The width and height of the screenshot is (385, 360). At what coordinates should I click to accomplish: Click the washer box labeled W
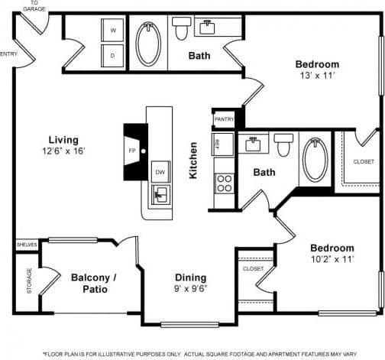coord(113,31)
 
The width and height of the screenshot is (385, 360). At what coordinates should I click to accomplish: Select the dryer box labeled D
coord(113,56)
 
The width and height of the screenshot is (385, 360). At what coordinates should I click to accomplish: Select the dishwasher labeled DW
coord(160,173)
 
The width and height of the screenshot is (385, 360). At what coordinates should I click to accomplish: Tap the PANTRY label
coord(224,119)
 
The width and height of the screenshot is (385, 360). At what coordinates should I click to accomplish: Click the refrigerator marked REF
coord(217,144)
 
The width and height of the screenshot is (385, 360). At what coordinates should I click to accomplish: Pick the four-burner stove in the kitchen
coord(225,183)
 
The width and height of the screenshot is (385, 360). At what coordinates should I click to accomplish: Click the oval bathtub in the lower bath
coord(315,159)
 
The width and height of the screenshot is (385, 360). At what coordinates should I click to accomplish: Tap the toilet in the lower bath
coord(284,144)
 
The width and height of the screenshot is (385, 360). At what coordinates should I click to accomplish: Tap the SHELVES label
coord(27,245)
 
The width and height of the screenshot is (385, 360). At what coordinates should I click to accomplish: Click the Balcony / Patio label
coord(93,284)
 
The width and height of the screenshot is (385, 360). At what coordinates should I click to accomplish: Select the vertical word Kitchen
coord(194,161)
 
